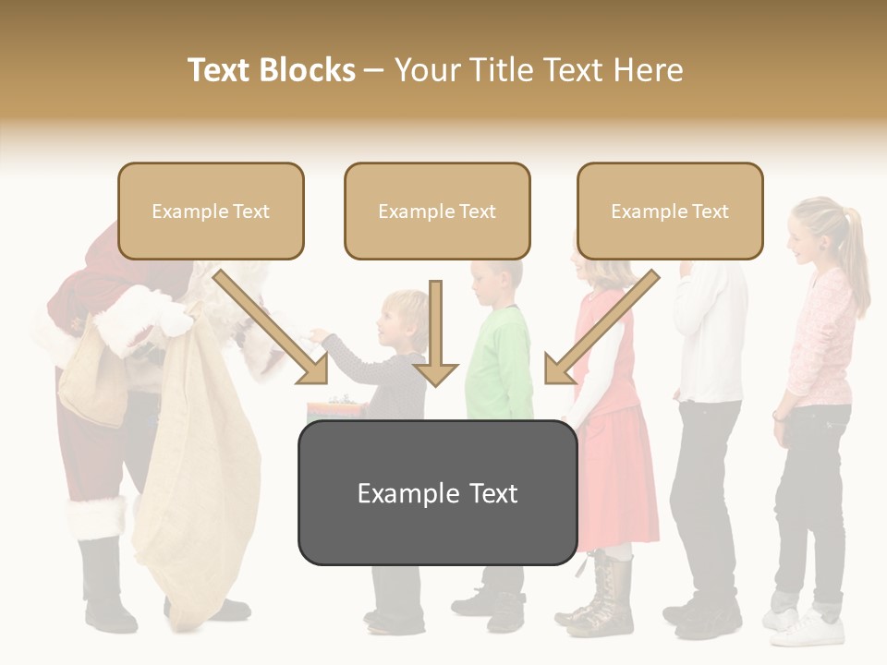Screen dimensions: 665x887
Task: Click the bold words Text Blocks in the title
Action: (272, 70)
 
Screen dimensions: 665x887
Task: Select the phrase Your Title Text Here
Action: (539, 70)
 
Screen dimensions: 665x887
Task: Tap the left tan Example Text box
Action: (211, 212)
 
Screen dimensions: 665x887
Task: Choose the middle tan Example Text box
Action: (437, 212)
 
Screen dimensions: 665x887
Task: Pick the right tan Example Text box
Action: (670, 212)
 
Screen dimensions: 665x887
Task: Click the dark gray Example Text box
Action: (437, 493)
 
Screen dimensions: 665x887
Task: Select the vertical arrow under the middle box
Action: (436, 332)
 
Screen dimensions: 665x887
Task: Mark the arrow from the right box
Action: (601, 327)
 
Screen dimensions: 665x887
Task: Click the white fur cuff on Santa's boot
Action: (95, 518)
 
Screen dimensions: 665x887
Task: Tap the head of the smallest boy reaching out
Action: (407, 314)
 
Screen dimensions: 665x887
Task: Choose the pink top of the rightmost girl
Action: (820, 342)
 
